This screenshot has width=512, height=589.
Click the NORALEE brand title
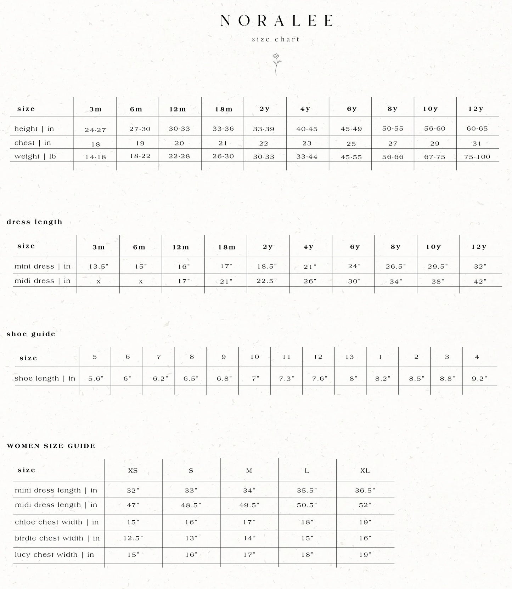[276, 21]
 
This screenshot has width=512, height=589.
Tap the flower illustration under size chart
[276, 64]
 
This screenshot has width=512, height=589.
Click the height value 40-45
[307, 129]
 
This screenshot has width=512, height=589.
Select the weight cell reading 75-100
[477, 157]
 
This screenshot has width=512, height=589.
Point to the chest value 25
[351, 144]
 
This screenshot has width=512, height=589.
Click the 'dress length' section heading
[34, 222]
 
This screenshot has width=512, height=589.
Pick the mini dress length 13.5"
[99, 267]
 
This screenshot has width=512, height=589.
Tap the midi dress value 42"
[480, 282]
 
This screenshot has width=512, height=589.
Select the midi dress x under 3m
[99, 282]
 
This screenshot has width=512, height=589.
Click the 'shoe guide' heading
[31, 334]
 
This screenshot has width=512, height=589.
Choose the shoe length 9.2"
[479, 378]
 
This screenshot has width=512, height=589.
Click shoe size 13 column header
[350, 357]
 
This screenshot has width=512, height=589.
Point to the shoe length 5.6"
[96, 378]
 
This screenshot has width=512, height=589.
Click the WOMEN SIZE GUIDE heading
[51, 446]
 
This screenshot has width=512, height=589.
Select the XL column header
[365, 471]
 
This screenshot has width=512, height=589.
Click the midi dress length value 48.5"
[191, 505]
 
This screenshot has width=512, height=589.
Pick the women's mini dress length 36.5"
[365, 491]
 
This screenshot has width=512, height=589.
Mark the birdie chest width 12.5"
[133, 538]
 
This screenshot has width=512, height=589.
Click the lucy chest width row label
[55, 555]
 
